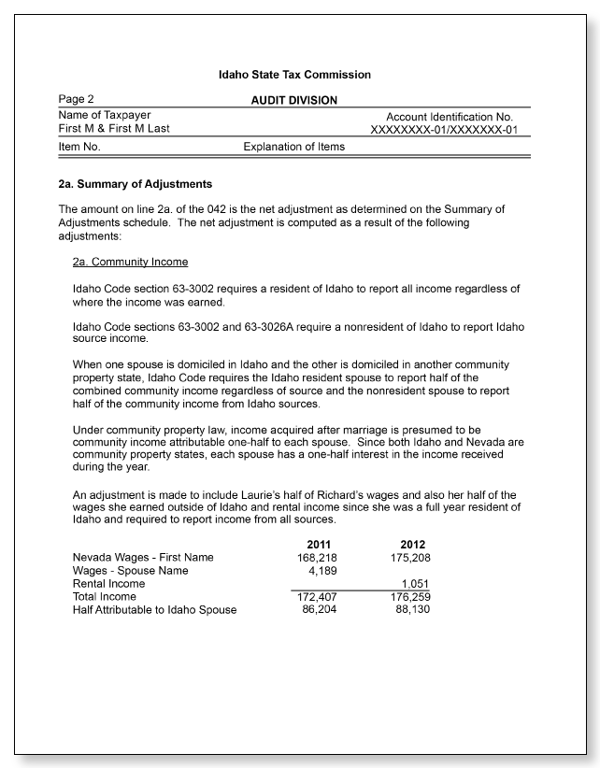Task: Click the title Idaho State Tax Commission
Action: point(294,75)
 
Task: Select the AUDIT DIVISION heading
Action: point(294,100)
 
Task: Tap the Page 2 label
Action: point(76,99)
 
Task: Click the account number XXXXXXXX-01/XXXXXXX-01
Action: point(444,129)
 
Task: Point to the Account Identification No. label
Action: point(450,116)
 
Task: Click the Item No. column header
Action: point(79,147)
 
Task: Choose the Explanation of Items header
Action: point(293,147)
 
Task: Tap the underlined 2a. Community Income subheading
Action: point(130,263)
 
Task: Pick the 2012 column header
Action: point(415,544)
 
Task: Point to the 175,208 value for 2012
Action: point(410,558)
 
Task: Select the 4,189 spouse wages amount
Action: point(321,571)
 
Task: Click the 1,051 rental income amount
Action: point(416,584)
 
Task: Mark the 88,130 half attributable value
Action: point(414,609)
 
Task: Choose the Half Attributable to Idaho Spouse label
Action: point(154,609)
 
